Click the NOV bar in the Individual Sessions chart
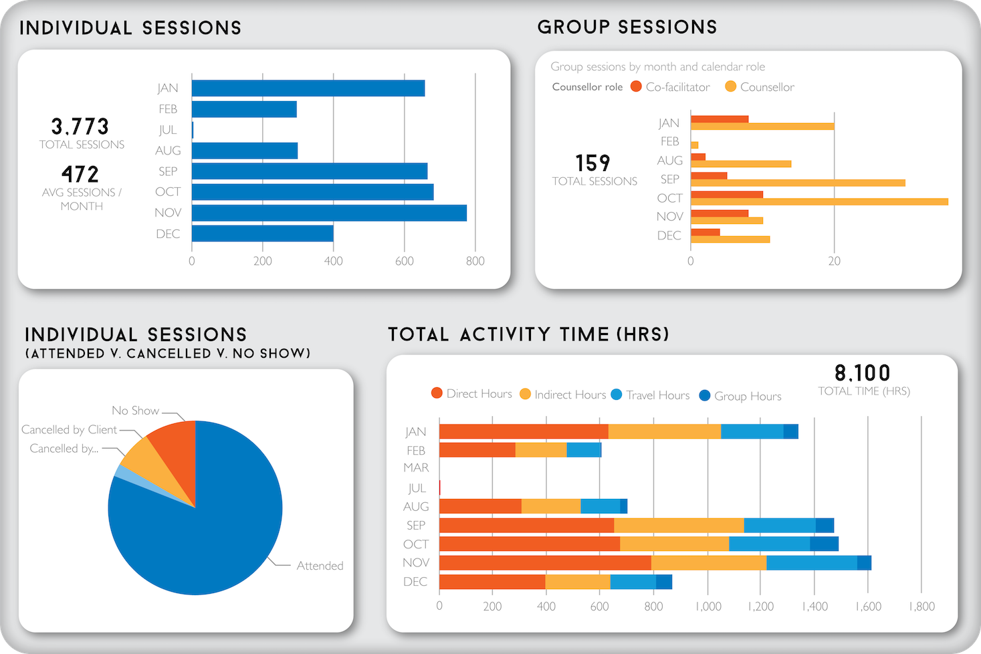tap(329, 213)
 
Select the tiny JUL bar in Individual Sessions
tap(193, 130)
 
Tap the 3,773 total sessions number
tap(80, 126)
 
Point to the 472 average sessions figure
tap(80, 175)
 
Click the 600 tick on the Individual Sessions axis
tap(404, 261)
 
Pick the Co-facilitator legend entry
tap(670, 87)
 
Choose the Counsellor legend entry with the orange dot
tap(760, 87)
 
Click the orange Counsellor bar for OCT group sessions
tap(819, 201)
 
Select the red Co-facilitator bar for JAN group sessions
tap(720, 119)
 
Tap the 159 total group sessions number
tap(593, 163)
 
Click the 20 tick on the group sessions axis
tap(834, 261)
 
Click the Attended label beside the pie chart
tap(320, 566)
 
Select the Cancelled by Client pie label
tap(69, 429)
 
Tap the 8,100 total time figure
tap(863, 373)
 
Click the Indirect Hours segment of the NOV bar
tap(709, 562)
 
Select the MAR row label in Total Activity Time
tap(416, 467)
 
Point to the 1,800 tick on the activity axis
tap(921, 607)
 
